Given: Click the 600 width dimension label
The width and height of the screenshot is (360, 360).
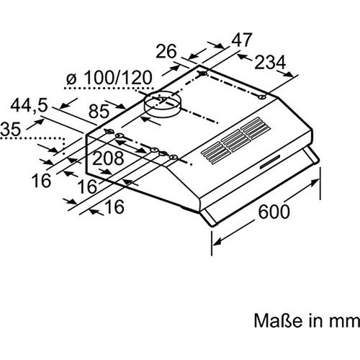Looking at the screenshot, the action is coord(274,212).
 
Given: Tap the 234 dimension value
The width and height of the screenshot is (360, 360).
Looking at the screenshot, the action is coord(270,63).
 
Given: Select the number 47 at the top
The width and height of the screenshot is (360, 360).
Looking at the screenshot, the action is coord(242,40).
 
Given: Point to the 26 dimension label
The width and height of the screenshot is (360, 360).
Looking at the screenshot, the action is coord(166,51).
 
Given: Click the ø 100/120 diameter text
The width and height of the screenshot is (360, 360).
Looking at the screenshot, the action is coord(109,78).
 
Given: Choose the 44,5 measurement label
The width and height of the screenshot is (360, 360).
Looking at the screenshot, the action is coord(29,106).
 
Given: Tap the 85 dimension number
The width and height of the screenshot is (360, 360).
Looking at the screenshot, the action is coord(99,111).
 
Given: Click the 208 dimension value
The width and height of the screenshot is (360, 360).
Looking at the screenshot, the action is coord(108,158).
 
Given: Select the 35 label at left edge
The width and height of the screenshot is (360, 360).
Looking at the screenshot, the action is coord(11,129).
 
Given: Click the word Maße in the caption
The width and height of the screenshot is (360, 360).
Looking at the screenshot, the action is coord(278,320).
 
